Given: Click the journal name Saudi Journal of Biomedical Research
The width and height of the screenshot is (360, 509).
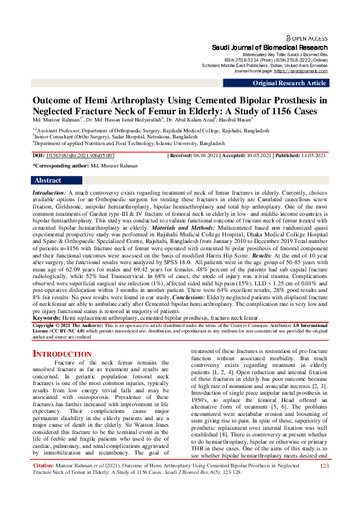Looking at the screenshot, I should pyautogui.click(x=269, y=47).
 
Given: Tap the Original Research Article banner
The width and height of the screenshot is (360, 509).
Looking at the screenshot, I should pyautogui.click(x=289, y=83).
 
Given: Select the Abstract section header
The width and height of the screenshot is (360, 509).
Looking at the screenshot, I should pyautogui.click(x=48, y=180).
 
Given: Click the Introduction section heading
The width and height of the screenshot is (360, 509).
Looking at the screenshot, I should pyautogui.click(x=62, y=353).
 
